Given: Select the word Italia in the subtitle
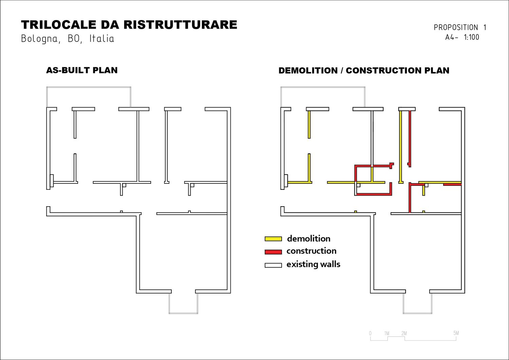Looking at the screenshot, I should [101, 38].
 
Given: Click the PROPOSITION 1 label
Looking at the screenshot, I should [460, 28].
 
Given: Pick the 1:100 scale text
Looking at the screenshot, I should [471, 37].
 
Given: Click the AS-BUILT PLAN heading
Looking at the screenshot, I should [82, 70].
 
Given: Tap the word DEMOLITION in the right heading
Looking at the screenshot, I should [308, 71].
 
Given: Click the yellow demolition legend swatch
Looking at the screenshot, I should [273, 239].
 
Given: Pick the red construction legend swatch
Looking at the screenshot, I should [273, 252].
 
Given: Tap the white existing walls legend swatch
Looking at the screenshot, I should [273, 265].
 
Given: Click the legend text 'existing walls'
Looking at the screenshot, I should [313, 264].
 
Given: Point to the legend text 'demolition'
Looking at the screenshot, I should [308, 238].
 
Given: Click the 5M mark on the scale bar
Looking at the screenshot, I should [456, 333].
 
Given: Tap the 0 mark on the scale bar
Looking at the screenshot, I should [370, 333].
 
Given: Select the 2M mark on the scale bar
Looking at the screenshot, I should [404, 333].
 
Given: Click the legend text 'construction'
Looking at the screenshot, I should [311, 251].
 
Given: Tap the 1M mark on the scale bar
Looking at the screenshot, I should [387, 333].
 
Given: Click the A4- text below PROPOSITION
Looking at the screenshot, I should [451, 37].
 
